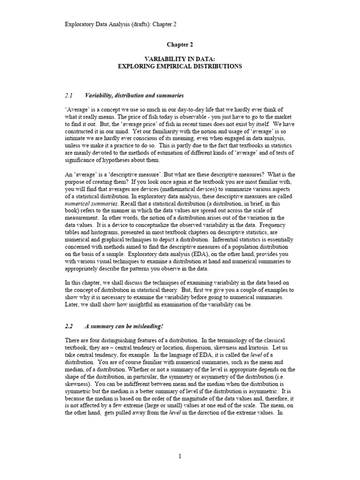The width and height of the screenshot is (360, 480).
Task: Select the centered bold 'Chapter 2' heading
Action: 180,45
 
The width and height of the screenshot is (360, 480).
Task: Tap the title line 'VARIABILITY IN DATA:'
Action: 180,60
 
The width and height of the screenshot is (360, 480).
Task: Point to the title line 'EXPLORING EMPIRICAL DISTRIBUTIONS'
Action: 180,67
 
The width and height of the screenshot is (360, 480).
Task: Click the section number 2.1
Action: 68,95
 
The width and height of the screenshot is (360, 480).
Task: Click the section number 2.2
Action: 68,326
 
